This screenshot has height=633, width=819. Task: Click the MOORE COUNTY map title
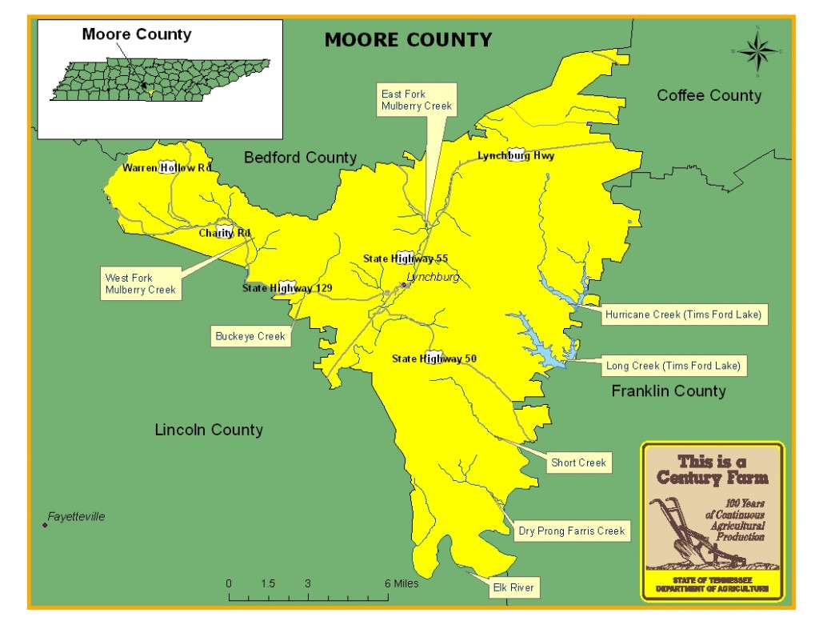[x=408, y=39]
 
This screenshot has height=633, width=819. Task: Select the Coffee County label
[x=709, y=95]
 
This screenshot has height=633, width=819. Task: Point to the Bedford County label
[x=300, y=158]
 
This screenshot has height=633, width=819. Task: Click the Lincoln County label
[x=208, y=430]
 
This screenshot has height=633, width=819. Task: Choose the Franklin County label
[x=669, y=391]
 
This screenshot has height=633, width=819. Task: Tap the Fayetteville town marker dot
[x=45, y=525]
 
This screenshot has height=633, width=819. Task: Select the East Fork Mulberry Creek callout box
[x=416, y=100]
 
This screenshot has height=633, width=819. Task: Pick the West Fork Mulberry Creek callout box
[x=140, y=283]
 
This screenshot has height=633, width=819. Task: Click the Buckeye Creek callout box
[x=250, y=337]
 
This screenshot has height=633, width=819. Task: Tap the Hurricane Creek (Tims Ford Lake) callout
[x=683, y=314]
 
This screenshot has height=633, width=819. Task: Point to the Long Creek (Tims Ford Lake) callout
[x=673, y=366]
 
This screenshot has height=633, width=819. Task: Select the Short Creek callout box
[x=578, y=463]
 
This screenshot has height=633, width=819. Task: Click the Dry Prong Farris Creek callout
[x=571, y=531]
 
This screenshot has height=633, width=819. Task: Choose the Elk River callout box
[x=514, y=588]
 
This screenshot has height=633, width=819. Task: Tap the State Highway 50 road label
[x=434, y=359]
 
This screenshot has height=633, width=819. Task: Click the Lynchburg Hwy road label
[x=516, y=156]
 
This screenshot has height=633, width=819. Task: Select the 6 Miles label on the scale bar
[x=402, y=583]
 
